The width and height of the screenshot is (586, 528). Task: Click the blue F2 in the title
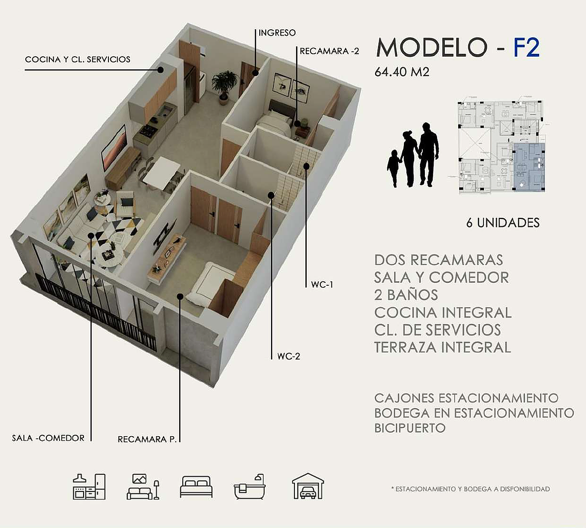(x=526, y=48)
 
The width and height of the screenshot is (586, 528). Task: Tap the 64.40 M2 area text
(x=402, y=72)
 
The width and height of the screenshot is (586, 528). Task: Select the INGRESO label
(x=277, y=33)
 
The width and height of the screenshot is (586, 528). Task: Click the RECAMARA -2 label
(x=329, y=51)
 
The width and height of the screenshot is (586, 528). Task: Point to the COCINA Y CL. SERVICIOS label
(x=78, y=59)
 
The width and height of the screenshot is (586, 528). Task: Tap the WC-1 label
(x=322, y=285)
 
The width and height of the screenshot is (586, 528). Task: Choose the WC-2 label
(x=289, y=356)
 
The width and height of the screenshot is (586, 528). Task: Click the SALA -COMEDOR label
(x=48, y=438)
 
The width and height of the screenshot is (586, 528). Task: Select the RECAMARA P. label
(x=147, y=439)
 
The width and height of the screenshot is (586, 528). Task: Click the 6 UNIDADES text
(x=503, y=223)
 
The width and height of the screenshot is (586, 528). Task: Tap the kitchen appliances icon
(x=89, y=487)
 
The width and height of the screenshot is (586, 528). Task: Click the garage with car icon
(x=308, y=486)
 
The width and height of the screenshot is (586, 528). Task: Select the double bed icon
(x=196, y=487)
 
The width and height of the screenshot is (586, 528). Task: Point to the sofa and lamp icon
(x=143, y=487)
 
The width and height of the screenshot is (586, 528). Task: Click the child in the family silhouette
(x=393, y=169)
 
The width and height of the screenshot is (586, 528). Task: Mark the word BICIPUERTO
(x=410, y=428)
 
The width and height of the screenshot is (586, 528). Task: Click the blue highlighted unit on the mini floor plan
(x=529, y=167)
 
